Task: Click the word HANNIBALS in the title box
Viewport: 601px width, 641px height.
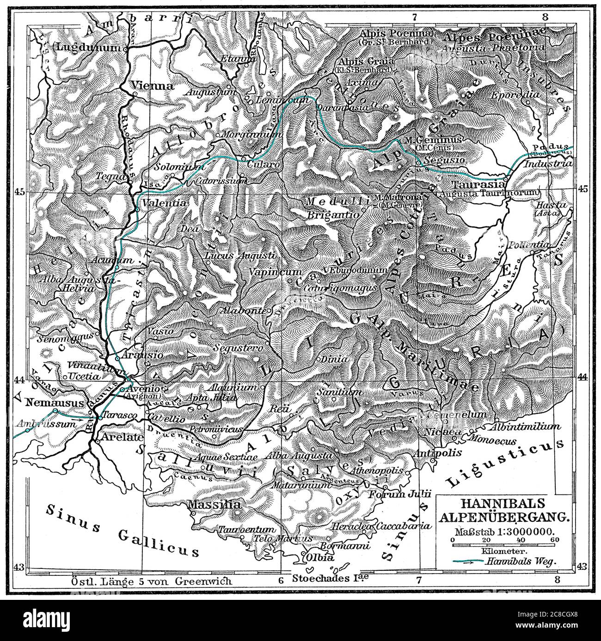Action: (505, 503)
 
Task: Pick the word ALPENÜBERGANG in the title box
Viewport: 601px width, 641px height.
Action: (505, 517)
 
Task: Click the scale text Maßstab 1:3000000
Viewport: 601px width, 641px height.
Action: (505, 531)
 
